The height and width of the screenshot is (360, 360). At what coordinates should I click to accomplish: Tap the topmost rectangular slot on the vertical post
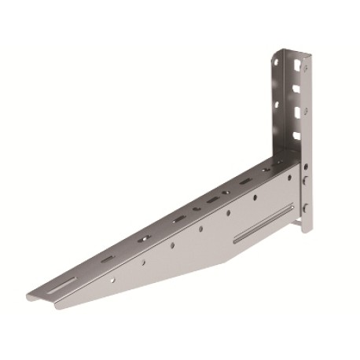tap(297, 62)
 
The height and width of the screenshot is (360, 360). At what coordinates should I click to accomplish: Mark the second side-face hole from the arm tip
tap(142, 263)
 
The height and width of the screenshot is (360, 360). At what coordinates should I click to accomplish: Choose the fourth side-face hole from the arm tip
tap(200, 229)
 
